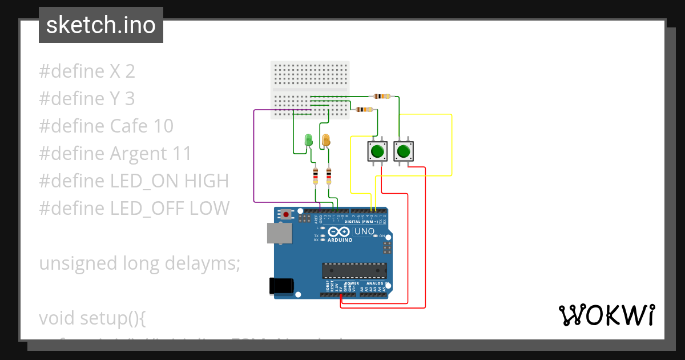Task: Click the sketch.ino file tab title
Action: point(101,26)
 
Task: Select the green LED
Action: point(308,140)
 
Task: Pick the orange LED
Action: point(326,140)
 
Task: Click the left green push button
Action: point(376,151)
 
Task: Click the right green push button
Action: point(403,151)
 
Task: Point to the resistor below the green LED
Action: point(315,176)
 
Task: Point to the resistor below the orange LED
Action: point(329,176)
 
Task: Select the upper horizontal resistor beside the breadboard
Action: point(381,96)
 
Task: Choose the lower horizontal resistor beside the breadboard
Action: point(364,109)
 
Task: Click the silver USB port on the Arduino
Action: point(279,233)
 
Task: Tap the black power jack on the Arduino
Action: point(281,286)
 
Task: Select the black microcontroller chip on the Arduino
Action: point(354,270)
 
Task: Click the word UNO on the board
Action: point(364,231)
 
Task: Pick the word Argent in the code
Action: point(136,154)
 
